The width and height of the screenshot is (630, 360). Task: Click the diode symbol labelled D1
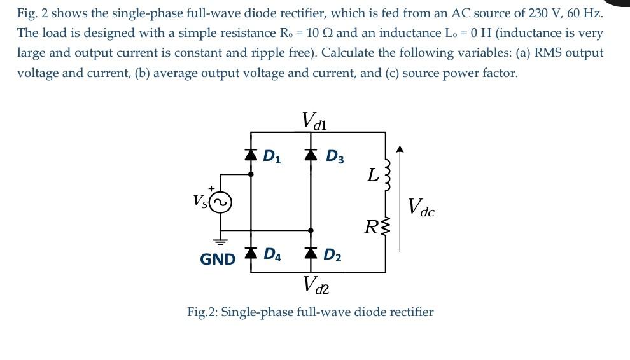[251, 155]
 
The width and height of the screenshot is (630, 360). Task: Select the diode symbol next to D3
[311, 155]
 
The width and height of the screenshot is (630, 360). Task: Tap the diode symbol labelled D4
[251, 254]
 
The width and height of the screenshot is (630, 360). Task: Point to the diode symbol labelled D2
[311, 254]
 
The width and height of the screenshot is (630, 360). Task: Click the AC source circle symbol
[221, 203]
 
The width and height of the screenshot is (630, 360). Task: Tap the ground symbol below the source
[221, 241]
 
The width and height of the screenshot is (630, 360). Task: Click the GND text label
[218, 259]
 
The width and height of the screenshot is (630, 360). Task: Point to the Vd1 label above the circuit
[314, 120]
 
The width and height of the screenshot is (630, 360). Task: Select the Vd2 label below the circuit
[316, 284]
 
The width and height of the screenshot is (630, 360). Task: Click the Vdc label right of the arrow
[421, 207]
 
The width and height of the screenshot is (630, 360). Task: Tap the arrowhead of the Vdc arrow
[400, 149]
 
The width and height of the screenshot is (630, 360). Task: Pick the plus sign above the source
[211, 189]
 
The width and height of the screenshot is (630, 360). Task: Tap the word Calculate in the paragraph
[355, 53]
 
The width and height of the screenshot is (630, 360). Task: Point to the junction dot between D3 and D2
[311, 230]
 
